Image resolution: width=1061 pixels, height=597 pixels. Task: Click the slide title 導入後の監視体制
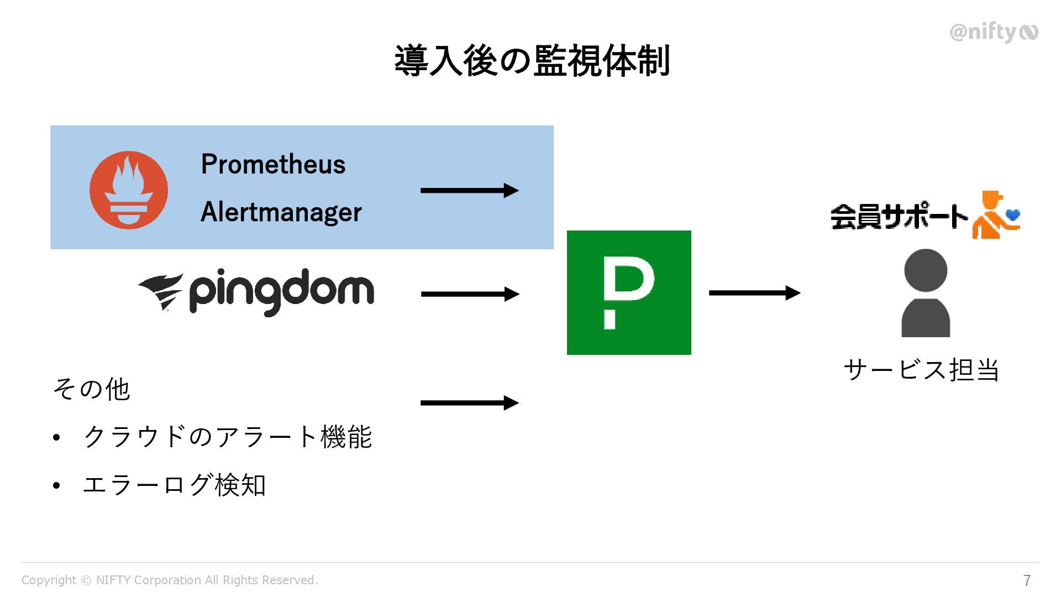[532, 61]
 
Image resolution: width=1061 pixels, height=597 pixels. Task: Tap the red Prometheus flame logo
[129, 190]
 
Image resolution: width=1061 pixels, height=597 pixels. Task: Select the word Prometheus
[273, 164]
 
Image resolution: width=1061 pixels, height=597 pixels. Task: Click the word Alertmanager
[281, 212]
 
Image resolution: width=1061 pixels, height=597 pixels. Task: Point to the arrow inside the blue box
[469, 191]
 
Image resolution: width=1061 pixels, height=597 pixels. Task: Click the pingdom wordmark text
[281, 291]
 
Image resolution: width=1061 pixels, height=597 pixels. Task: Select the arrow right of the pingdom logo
[469, 294]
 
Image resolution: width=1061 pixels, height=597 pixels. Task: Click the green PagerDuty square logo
[629, 292]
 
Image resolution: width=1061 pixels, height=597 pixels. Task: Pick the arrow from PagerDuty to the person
[754, 293]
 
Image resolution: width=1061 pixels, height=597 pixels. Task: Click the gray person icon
[926, 293]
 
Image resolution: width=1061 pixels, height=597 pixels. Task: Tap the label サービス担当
[921, 370]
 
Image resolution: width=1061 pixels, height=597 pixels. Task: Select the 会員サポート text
[899, 217]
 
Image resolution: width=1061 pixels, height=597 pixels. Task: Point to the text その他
[91, 389]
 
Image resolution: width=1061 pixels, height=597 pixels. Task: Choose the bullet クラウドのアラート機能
[227, 437]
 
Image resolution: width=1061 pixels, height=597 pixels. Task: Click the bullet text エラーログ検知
[174, 485]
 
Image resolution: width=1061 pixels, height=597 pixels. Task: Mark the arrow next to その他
[469, 403]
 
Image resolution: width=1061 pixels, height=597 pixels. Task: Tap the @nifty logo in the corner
[993, 33]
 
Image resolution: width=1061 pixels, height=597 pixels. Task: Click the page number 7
[1027, 580]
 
